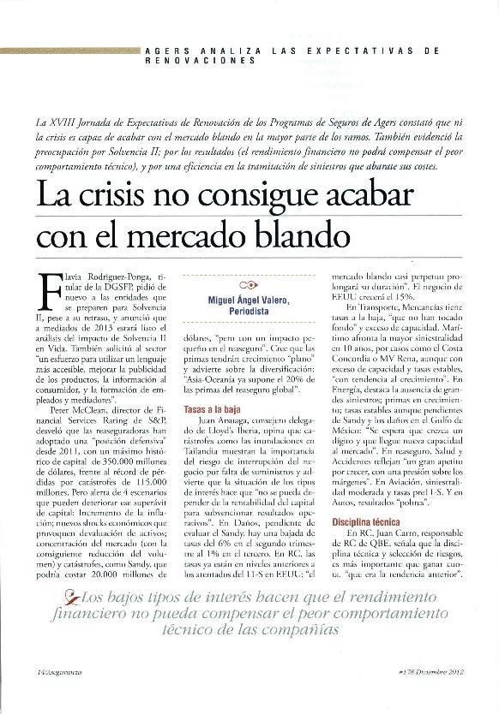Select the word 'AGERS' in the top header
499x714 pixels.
click(170, 51)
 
